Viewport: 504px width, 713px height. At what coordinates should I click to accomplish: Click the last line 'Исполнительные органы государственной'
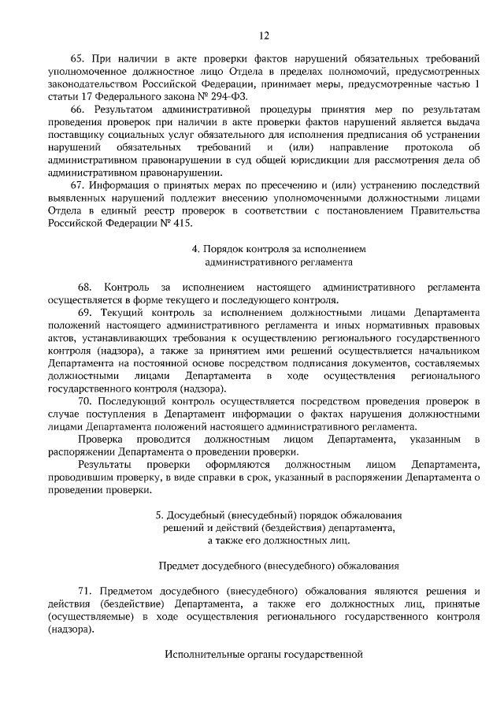click(x=264, y=654)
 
